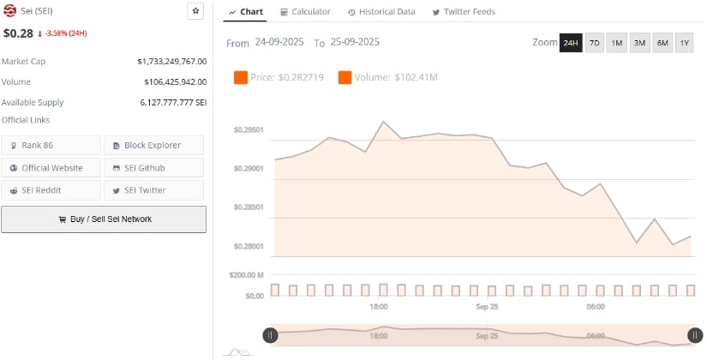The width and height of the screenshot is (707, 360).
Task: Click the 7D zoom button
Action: [x=594, y=43]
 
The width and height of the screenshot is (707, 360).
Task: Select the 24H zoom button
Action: [x=571, y=43]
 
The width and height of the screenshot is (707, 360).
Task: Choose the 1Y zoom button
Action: [x=684, y=43]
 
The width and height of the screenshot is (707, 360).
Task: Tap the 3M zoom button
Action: [x=639, y=43]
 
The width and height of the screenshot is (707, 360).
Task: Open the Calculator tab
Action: [x=304, y=12]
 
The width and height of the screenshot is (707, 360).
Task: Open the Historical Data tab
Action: [x=381, y=12]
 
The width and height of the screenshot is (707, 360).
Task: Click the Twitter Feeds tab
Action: [x=464, y=12]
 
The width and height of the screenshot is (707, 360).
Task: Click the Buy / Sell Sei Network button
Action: [x=104, y=219]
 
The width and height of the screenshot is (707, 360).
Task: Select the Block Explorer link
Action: [x=154, y=145]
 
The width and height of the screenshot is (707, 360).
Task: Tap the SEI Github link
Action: [x=154, y=168]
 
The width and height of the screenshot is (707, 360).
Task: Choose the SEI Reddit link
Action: [x=51, y=190]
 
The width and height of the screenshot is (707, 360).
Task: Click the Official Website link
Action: [x=51, y=168]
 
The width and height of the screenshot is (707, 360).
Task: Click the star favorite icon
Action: [x=195, y=11]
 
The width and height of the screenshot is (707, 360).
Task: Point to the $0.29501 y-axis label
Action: [x=249, y=130]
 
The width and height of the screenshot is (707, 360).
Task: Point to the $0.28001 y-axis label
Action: [x=249, y=247]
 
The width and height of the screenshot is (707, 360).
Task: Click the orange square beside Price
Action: [x=241, y=78]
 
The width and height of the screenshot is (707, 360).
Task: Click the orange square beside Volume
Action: [x=345, y=78]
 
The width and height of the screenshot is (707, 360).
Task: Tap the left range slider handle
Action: [x=270, y=335]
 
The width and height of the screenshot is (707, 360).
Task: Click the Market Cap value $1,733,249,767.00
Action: [x=172, y=62]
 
